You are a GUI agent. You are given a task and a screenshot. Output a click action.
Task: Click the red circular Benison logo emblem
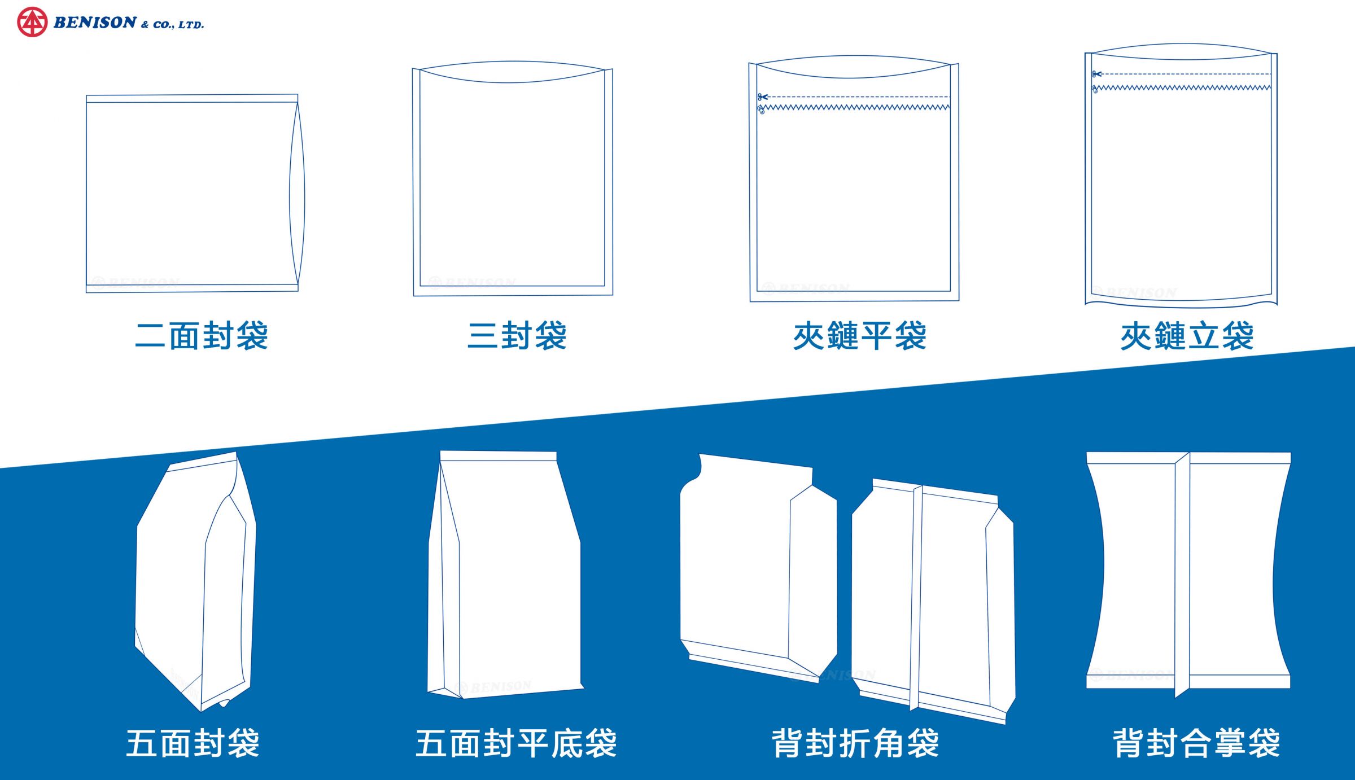[x=32, y=23]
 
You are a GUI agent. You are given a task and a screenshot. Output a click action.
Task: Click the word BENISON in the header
[x=95, y=23]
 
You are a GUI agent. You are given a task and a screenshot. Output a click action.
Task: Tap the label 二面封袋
[x=202, y=336]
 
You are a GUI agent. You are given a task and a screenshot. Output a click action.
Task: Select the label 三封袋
[x=517, y=336]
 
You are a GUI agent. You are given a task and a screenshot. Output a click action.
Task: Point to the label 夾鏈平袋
[x=859, y=336]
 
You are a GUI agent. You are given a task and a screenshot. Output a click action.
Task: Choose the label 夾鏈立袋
[x=1187, y=336]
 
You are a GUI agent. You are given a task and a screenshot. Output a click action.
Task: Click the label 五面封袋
[x=193, y=743]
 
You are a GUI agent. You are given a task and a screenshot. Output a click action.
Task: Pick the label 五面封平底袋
[x=516, y=743]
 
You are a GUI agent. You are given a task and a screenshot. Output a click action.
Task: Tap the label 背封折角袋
[x=855, y=743]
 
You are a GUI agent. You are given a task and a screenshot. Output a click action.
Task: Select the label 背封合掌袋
[x=1196, y=743]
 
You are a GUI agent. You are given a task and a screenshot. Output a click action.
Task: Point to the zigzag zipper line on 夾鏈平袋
[x=855, y=107]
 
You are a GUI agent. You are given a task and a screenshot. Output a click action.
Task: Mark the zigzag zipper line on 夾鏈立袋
[x=1183, y=88]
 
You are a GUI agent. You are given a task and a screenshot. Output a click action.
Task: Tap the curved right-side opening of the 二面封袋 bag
[x=298, y=195]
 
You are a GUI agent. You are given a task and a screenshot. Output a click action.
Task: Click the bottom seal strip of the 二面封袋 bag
[x=192, y=288]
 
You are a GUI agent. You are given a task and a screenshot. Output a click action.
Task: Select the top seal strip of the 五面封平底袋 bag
[x=498, y=456]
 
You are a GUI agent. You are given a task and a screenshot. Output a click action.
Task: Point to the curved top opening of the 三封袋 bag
[x=512, y=72]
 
